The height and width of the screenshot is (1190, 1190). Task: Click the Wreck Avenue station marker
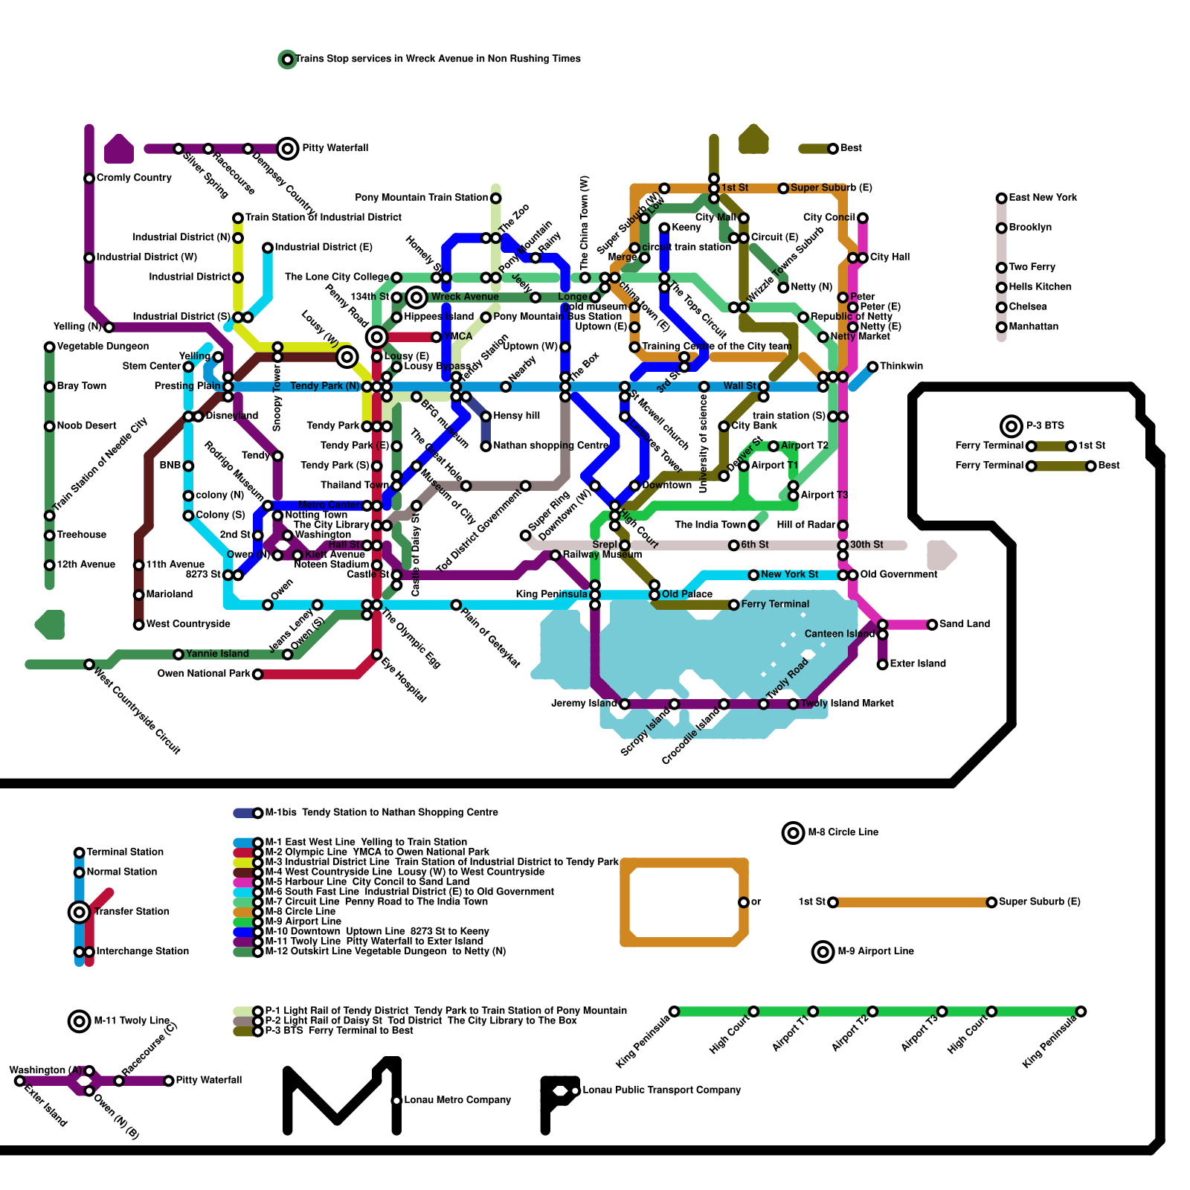click(416, 297)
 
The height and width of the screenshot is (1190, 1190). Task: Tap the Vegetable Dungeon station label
click(103, 347)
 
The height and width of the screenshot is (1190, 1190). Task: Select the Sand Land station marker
click(932, 625)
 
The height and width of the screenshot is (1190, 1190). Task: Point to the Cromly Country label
click(134, 178)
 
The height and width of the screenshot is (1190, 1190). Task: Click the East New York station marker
click(1002, 198)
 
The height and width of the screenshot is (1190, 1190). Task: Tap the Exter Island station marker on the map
click(882, 664)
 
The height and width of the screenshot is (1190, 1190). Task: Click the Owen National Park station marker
click(257, 675)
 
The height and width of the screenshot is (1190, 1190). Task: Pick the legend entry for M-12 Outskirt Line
click(385, 951)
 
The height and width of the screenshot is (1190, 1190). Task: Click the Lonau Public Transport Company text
click(661, 1090)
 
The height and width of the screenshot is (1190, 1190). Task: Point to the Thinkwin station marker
click(872, 367)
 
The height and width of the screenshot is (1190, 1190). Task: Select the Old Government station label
click(898, 574)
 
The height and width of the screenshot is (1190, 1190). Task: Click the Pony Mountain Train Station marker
click(495, 198)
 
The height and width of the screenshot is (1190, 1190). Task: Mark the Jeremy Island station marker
click(625, 704)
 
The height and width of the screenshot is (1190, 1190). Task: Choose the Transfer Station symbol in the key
click(79, 912)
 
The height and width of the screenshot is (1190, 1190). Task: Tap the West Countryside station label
click(188, 624)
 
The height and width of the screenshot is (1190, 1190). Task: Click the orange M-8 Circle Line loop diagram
click(684, 902)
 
